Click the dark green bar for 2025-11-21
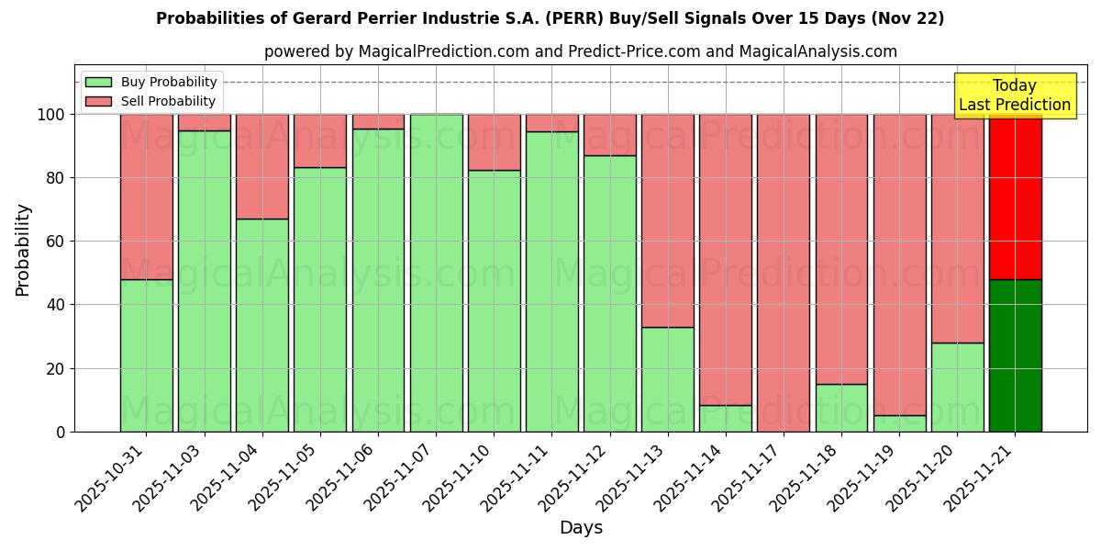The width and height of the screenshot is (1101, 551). coord(1015,355)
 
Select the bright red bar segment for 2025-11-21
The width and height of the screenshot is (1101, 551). coord(1015,197)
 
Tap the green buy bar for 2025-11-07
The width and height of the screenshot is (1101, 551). coord(436,273)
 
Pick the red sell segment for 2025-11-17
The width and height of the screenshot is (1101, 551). coord(784,273)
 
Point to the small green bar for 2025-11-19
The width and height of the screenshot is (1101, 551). coord(899,423)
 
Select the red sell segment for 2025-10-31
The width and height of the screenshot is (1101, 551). coord(147,197)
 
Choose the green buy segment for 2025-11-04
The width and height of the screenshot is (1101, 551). coord(262,325)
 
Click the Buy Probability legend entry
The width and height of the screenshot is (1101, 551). coord(150,82)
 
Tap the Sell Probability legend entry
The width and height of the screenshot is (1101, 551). coord(150,101)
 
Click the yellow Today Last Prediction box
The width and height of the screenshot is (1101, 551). coord(1015,96)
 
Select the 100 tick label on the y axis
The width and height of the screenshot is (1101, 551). coord(50,115)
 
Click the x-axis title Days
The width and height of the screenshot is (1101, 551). coord(581,528)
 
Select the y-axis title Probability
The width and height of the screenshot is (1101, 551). coord(23,250)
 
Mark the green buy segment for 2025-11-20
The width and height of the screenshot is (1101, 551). coord(957,387)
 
